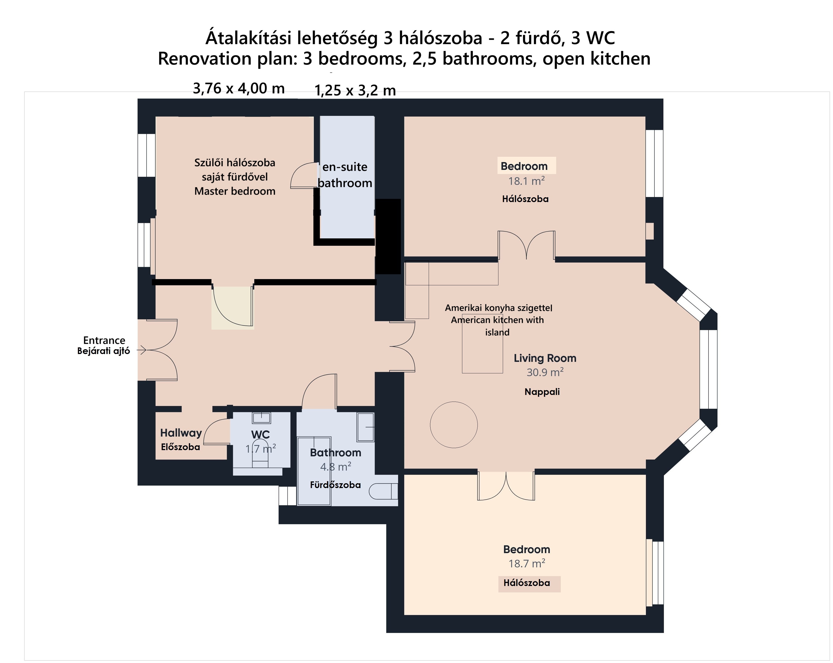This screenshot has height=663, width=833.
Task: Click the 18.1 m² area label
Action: (x=526, y=181)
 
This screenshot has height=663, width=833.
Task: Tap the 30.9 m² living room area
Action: (x=545, y=372)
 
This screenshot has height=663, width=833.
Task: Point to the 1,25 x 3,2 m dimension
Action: (x=355, y=91)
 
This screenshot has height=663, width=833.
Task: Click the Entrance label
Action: (x=104, y=340)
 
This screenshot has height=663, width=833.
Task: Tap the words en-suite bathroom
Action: (x=345, y=175)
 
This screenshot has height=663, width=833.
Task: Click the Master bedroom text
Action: (x=235, y=191)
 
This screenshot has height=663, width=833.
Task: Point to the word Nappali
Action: (x=542, y=392)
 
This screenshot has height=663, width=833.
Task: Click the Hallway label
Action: (x=181, y=433)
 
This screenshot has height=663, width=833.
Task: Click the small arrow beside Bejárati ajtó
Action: (x=142, y=350)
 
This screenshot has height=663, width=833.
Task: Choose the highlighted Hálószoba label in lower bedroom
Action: (x=527, y=583)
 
